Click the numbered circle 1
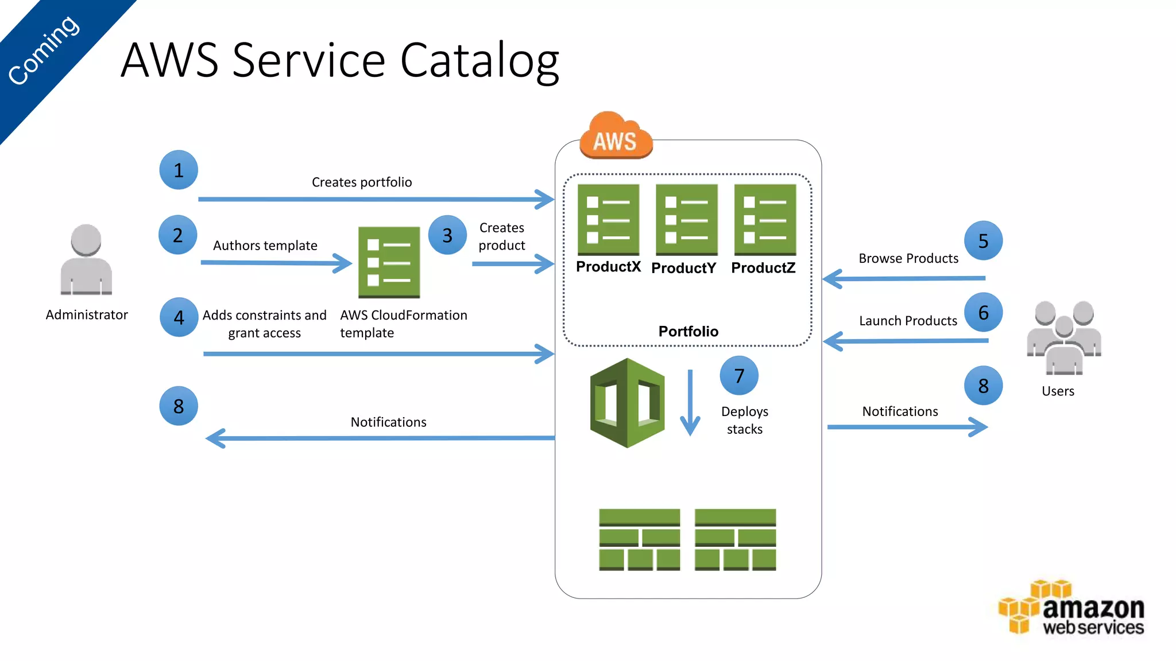click(179, 170)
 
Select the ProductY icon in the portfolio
click(686, 220)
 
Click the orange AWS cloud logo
click(616, 137)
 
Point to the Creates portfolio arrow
click(376, 199)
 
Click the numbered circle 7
click(739, 376)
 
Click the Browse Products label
click(908, 258)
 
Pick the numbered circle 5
click(983, 241)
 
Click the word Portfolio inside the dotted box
click(688, 331)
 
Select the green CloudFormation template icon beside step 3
click(389, 262)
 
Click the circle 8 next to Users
click(983, 386)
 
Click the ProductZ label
click(763, 268)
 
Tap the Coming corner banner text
click(44, 50)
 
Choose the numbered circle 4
click(179, 317)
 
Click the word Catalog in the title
click(479, 60)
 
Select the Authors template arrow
click(276, 263)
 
